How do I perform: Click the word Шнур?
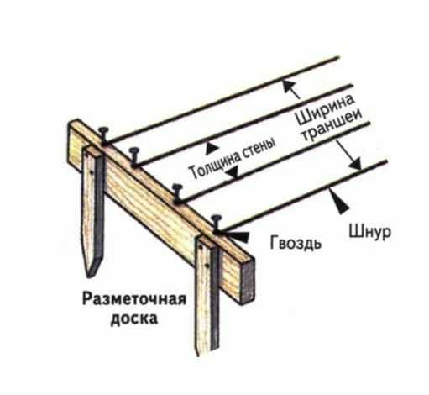tap(369, 232)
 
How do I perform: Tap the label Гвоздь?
tap(296, 243)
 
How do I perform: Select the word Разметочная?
tap(134, 299)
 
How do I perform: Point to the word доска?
tap(134, 319)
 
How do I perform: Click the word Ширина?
tap(326, 111)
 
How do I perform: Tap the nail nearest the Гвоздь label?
tap(216, 224)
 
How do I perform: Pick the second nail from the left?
tap(133, 157)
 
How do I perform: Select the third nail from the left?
tap(177, 192)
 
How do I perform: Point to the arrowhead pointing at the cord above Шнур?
tap(339, 200)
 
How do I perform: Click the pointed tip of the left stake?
tap(89, 276)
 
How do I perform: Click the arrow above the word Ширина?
tap(291, 89)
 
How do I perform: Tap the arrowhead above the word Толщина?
tap(212, 148)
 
